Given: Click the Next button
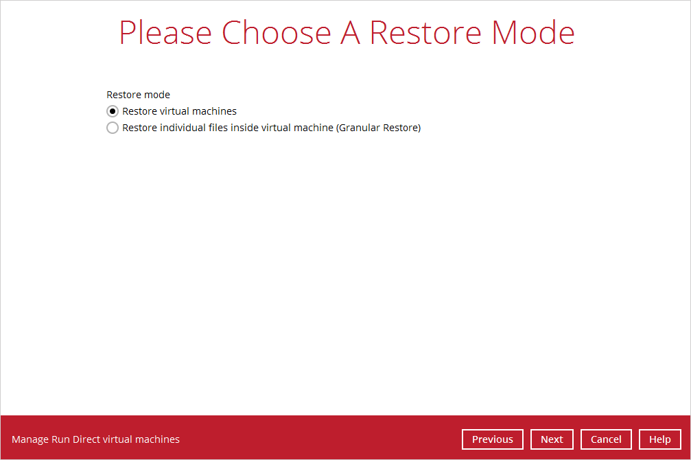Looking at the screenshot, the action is [552, 439].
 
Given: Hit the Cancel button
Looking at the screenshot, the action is [606, 439].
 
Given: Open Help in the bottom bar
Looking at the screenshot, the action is [659, 439].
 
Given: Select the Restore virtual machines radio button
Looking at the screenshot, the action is [113, 111].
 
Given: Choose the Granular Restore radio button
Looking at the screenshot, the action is [113, 128].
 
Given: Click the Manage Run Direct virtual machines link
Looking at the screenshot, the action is [95, 439].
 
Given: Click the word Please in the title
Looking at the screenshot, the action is [165, 33].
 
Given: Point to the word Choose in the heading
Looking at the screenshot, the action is [277, 33].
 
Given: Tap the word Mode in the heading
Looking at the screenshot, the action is [533, 33].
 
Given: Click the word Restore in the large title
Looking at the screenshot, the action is [425, 33].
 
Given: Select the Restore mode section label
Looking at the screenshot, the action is [139, 95].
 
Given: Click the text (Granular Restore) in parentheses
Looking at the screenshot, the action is [379, 128].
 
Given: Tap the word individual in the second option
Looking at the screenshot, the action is [183, 128].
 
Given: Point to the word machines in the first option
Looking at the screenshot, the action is [215, 111].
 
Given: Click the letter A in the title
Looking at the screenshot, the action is [351, 33].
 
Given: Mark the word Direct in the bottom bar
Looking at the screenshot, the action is [86, 439].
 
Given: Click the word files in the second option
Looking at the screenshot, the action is [219, 128].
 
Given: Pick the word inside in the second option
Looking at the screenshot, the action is [245, 128].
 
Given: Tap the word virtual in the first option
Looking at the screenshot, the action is [176, 111].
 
